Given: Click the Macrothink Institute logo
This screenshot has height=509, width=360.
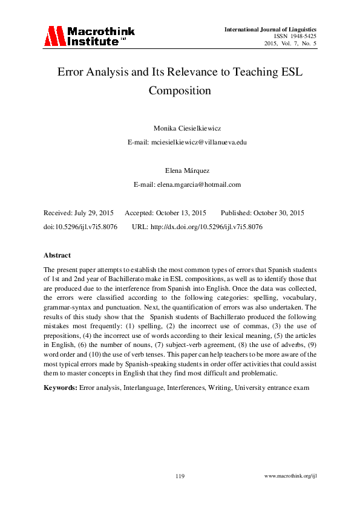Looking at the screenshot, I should (89, 36).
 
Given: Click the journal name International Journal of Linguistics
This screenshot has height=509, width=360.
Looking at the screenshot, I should (270, 29).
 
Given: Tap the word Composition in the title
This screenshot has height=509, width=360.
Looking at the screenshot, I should (180, 91).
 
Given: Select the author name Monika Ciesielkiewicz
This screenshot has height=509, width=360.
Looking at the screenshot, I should (180, 128).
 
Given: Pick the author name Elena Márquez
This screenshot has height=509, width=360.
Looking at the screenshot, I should (180, 171).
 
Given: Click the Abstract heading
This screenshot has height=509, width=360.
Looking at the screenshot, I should (57, 255).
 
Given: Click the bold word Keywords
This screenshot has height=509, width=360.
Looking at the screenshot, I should (61, 387).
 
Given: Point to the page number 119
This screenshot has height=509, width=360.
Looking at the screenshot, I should (180, 476).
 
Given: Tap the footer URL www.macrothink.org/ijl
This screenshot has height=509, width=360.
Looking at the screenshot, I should (291, 476).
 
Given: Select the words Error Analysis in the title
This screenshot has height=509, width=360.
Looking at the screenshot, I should (92, 72).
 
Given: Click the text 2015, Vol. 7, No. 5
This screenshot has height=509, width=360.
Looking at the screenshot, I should (290, 44).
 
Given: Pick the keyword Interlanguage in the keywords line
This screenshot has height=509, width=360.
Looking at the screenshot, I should (148, 387).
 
